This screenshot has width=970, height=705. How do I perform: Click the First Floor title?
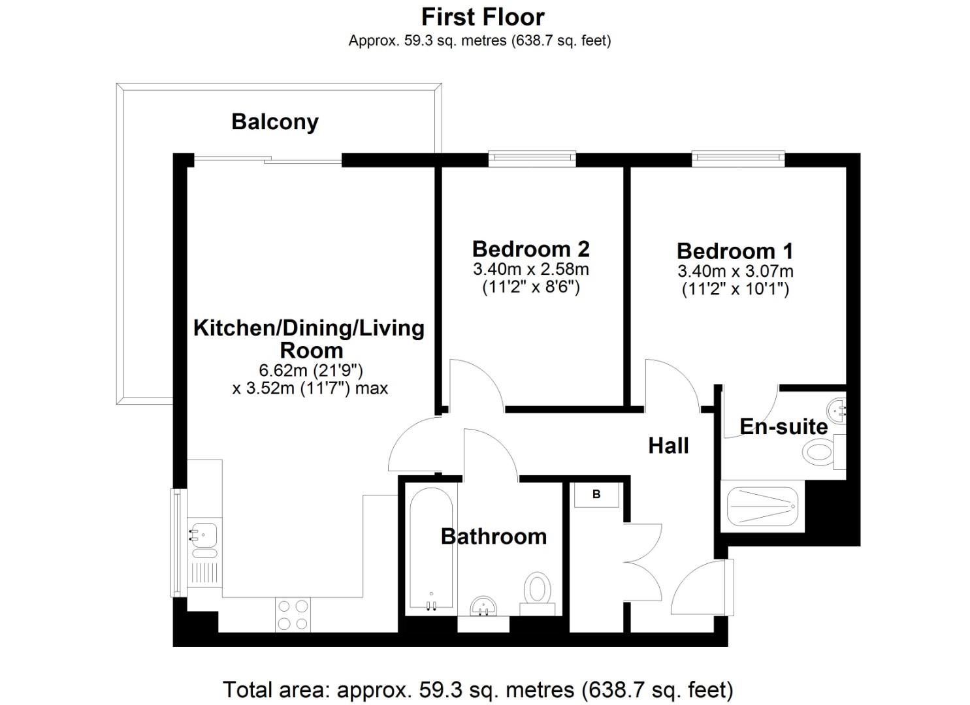483,16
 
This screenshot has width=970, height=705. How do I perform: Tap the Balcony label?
275,121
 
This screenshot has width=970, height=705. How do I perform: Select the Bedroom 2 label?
530,249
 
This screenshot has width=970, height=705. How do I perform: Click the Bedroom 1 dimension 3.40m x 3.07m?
735,271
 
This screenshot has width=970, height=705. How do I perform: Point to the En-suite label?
783,427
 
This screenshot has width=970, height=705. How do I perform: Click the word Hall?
668,446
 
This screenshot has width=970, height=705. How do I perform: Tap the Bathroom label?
493,536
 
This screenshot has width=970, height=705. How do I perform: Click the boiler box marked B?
596,495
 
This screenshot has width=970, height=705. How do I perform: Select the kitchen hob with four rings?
292,615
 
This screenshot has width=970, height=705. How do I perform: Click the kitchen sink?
204,535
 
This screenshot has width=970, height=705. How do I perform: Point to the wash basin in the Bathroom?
483,606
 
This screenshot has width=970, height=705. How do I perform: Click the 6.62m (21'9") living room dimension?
310,371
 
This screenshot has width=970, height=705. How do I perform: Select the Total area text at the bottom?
477,689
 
